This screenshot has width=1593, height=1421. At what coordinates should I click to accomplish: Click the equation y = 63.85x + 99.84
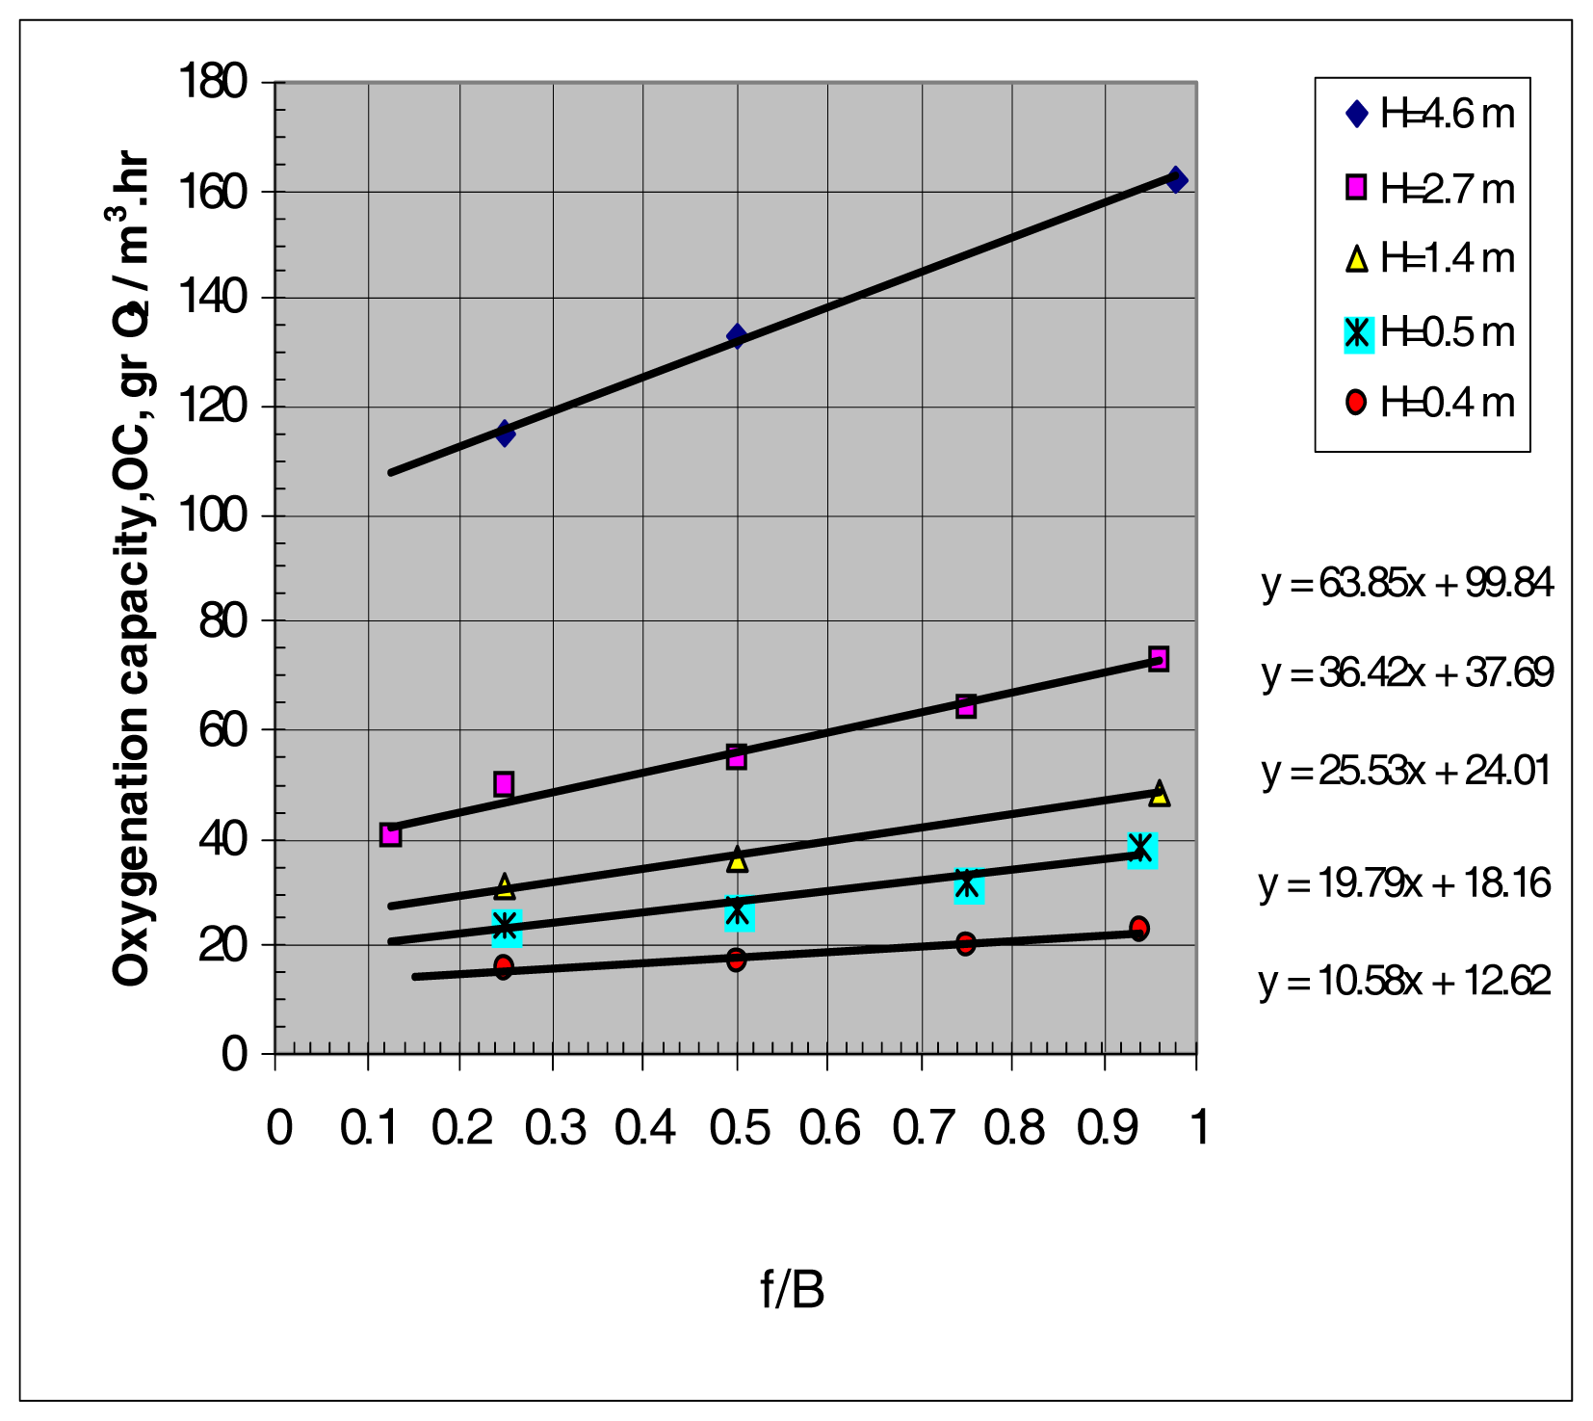1407,584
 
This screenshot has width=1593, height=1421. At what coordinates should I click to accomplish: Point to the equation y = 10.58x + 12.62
1405,982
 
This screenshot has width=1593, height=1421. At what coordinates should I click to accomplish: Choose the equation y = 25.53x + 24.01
1406,772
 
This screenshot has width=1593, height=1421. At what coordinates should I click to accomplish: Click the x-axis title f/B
792,1290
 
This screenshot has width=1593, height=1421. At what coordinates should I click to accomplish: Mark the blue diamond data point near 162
1176,180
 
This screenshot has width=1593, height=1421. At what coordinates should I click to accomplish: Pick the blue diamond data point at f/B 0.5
737,336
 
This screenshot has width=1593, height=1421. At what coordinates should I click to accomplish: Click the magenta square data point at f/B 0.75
966,706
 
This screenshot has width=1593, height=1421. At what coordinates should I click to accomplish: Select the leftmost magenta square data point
390,834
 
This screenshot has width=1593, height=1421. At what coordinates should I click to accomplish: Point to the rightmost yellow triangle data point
1160,794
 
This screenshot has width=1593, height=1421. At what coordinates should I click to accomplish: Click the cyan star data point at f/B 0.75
968,884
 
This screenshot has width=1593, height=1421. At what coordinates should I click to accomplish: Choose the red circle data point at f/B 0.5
736,960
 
